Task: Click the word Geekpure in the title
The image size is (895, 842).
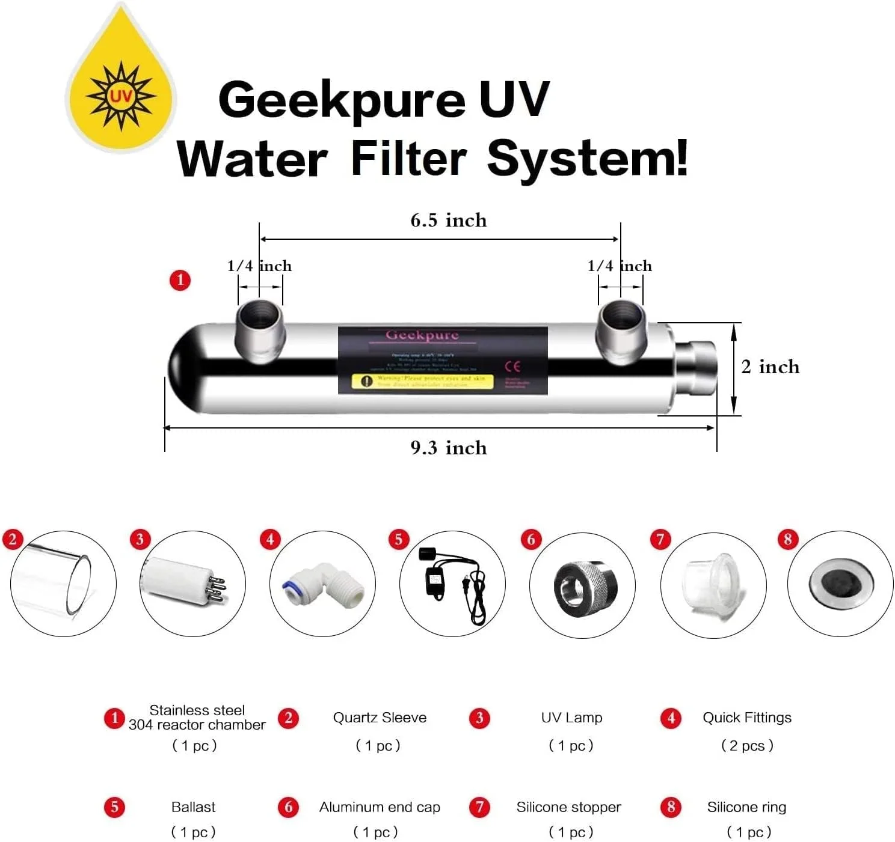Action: (x=340, y=100)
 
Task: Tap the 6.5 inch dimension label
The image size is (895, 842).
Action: (x=448, y=221)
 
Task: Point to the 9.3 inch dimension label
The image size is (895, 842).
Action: (x=448, y=448)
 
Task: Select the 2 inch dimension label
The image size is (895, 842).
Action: (x=770, y=367)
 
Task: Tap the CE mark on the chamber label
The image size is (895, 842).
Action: (x=512, y=366)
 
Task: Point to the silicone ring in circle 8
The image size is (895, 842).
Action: (x=840, y=582)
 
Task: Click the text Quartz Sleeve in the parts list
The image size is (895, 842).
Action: (x=380, y=718)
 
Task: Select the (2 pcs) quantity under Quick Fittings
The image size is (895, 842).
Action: (x=747, y=746)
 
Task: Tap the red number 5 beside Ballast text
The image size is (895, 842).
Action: (x=114, y=807)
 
